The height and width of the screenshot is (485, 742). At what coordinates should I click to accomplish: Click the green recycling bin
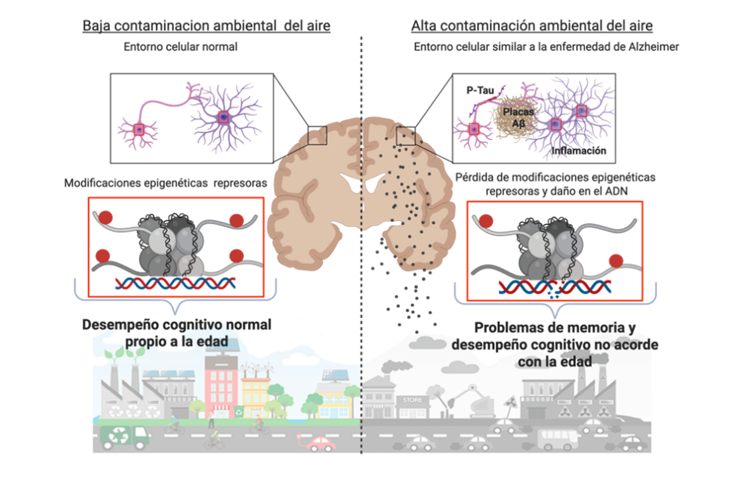(238, 411)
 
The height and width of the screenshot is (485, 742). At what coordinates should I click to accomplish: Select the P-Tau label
(478, 91)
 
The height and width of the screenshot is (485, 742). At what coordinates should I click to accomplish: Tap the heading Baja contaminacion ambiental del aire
(206, 27)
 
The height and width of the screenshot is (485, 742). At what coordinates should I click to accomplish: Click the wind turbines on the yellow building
(259, 367)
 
